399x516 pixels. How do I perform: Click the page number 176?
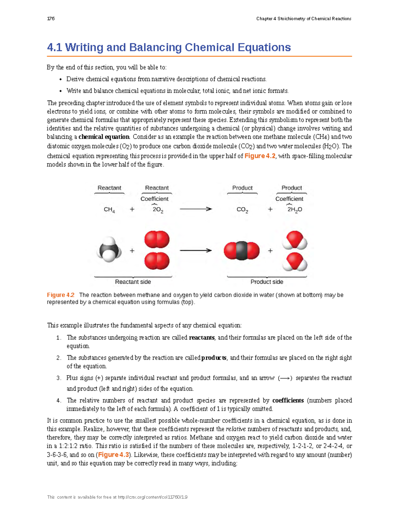click(x=51, y=19)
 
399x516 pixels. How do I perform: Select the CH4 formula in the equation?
click(x=109, y=210)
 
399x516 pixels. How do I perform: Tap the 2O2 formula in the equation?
click(x=158, y=210)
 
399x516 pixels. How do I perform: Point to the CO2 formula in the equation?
click(x=242, y=210)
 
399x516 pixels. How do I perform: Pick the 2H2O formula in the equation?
click(x=295, y=210)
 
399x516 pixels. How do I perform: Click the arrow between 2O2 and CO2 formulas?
click(x=196, y=209)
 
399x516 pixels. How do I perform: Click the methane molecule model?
click(x=109, y=250)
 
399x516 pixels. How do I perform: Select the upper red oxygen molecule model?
click(x=157, y=240)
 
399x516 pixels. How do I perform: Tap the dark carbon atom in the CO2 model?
click(x=242, y=251)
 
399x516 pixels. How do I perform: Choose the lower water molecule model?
click(x=295, y=262)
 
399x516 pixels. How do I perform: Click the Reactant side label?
click(x=133, y=282)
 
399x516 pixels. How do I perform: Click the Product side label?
click(x=267, y=282)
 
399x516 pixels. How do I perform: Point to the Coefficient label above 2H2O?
click(x=289, y=199)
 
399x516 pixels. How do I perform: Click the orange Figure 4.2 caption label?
click(x=61, y=295)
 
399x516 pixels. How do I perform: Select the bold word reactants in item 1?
click(x=201, y=338)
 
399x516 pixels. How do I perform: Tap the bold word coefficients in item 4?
click(x=288, y=400)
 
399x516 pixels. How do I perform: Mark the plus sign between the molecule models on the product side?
click(x=270, y=251)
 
